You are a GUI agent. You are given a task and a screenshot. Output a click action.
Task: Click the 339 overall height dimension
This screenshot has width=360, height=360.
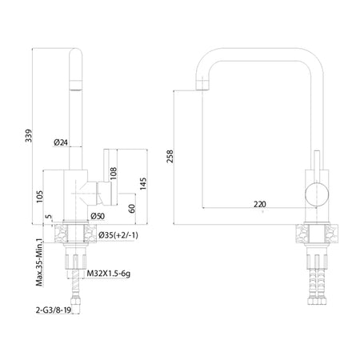pos(29,136)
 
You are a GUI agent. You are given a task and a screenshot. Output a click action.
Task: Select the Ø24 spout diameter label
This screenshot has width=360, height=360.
pos(61,142)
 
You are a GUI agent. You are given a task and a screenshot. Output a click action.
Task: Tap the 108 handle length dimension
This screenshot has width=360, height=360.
pos(114,174)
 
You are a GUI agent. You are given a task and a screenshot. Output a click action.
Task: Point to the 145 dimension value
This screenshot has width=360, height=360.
pos(143,184)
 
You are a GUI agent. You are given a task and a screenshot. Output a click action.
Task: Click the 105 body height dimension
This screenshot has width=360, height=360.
pos(40,197)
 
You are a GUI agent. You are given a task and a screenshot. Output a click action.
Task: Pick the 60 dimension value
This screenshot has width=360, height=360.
pos(132,208)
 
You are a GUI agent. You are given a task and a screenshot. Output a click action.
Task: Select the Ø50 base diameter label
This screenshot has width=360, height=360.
pos(98,216)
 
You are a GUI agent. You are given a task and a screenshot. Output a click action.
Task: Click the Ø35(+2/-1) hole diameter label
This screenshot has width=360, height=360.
pos(118,235)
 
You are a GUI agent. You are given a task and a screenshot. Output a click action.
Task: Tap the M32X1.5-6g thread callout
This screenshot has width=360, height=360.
pos(109,274)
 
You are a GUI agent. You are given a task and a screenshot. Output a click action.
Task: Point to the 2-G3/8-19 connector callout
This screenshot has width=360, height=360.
pos(54,310)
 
